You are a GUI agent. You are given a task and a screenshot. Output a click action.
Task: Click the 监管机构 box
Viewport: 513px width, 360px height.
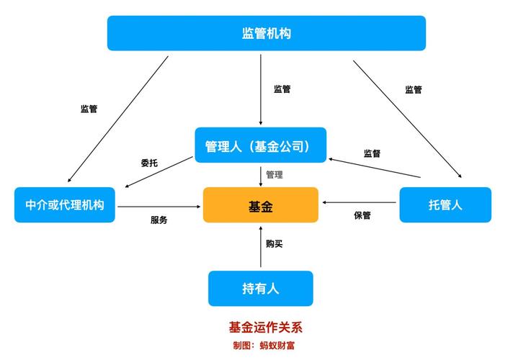point(266,33)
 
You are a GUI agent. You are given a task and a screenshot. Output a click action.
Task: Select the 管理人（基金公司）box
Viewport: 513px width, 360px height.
point(260,145)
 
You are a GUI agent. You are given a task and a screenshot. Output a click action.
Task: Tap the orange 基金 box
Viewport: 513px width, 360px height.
point(260,205)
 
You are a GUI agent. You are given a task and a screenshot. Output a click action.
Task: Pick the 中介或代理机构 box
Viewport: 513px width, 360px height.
point(65,205)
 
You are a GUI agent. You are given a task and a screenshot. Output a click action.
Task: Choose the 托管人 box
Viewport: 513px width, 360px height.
point(445,205)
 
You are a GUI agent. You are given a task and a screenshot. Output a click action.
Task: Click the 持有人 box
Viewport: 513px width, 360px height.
point(260,289)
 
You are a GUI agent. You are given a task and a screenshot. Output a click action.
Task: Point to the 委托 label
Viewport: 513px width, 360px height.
point(149,163)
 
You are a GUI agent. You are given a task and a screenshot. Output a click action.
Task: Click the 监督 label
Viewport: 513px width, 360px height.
point(372,153)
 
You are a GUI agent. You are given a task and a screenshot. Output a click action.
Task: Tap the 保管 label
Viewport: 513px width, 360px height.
point(362,215)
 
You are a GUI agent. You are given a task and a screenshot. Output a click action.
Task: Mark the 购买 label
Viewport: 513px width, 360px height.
point(275,244)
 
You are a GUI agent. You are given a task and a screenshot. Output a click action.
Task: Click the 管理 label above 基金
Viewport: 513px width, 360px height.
point(275,175)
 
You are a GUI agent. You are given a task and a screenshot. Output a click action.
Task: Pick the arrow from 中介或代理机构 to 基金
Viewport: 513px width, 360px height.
point(159,207)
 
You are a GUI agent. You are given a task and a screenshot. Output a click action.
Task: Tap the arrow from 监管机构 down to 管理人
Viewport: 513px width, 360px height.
point(261,90)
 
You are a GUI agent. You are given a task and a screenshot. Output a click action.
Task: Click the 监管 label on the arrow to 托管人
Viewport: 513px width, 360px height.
point(414,90)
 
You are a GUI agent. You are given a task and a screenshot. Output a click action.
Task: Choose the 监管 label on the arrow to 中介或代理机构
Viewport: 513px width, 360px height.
point(89,109)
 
